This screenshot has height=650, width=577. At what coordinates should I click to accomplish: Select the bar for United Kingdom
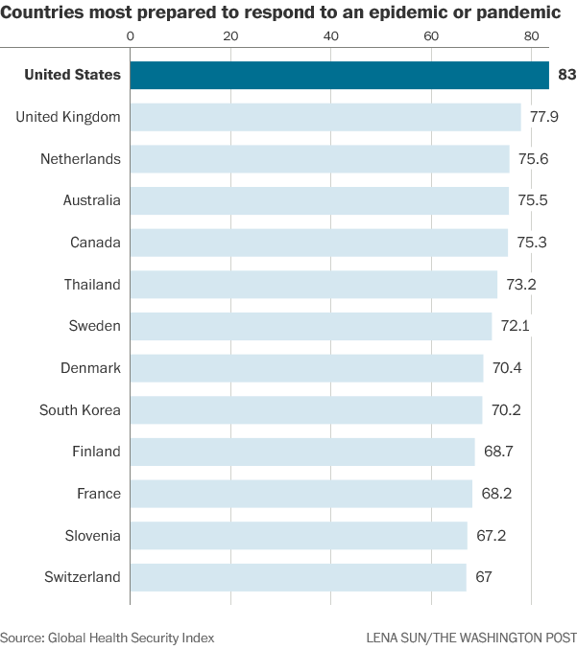(x=325, y=117)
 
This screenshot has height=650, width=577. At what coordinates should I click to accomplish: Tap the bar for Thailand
(x=313, y=285)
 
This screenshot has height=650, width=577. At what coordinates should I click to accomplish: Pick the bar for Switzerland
(x=298, y=577)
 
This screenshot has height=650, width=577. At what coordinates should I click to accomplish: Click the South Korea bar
(x=305, y=410)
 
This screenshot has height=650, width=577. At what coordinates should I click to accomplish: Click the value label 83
(x=565, y=75)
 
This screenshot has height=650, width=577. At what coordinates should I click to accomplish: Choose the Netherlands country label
(x=81, y=159)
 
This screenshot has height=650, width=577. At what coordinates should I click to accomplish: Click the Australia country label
(x=91, y=200)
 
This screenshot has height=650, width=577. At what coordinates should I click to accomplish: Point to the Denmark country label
(x=90, y=368)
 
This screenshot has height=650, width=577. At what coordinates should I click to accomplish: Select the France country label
(x=99, y=494)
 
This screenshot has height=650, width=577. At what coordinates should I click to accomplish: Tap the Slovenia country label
(x=93, y=535)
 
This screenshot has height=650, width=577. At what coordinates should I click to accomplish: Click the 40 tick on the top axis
(x=331, y=35)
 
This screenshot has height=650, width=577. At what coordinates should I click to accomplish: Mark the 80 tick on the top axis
(x=532, y=35)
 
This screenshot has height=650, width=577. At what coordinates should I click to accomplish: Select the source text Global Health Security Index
(x=132, y=638)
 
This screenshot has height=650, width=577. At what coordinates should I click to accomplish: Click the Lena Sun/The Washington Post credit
(x=471, y=638)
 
